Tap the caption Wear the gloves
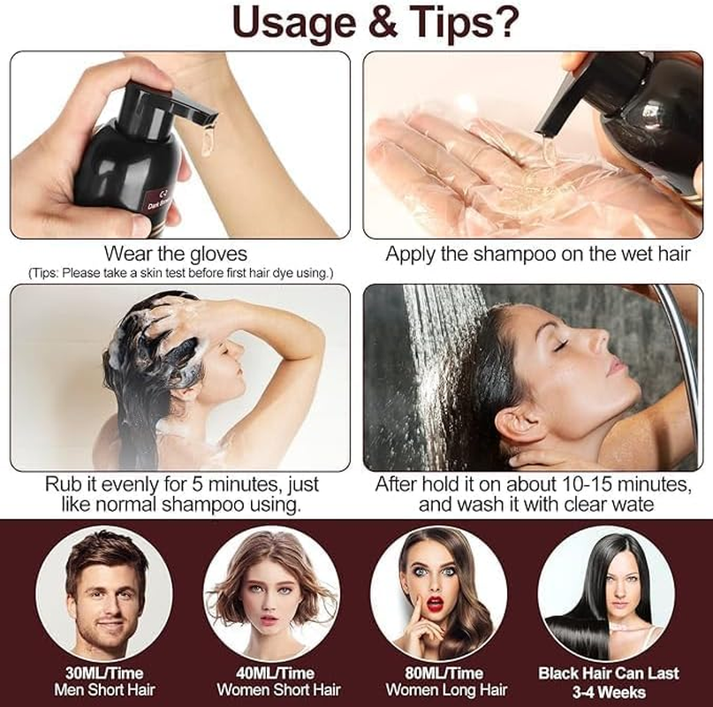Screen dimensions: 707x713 (175, 255)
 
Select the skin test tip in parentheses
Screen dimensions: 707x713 (180, 272)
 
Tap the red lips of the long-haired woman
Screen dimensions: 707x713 (433, 601)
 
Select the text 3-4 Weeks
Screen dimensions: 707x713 (608, 692)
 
